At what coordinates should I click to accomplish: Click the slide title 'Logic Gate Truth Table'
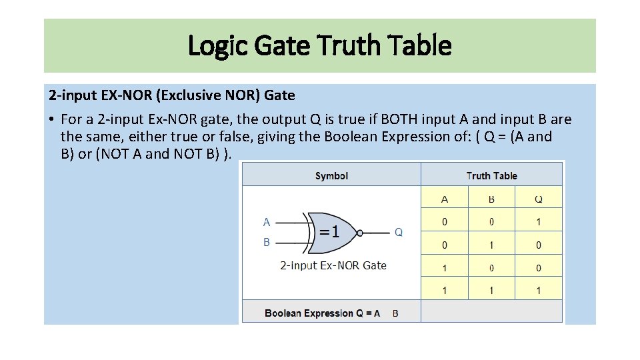click(x=320, y=46)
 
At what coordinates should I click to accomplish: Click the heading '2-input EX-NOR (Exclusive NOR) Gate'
click(x=171, y=95)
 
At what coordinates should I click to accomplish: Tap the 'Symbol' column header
click(x=331, y=176)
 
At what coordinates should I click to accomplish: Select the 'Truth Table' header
click(x=491, y=176)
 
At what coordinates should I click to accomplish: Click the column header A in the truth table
click(x=445, y=199)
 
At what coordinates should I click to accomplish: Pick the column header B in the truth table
click(x=491, y=199)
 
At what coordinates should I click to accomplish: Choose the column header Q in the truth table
click(x=539, y=199)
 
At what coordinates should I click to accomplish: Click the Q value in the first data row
click(x=539, y=222)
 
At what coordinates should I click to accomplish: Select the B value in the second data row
click(x=491, y=245)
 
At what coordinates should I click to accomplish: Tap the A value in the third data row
click(x=445, y=268)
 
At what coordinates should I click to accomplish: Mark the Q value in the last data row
click(x=539, y=291)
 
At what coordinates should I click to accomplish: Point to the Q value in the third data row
click(x=539, y=268)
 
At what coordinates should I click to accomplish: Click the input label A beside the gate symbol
click(x=267, y=222)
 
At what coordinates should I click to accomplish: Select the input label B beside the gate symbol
click(x=267, y=242)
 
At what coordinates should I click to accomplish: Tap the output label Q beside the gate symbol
click(x=399, y=232)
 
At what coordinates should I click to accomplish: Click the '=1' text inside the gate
click(x=328, y=232)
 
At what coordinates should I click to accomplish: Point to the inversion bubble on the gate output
click(x=360, y=233)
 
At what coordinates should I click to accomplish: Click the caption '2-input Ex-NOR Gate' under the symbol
click(x=333, y=265)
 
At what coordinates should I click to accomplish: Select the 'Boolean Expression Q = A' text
click(x=323, y=313)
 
